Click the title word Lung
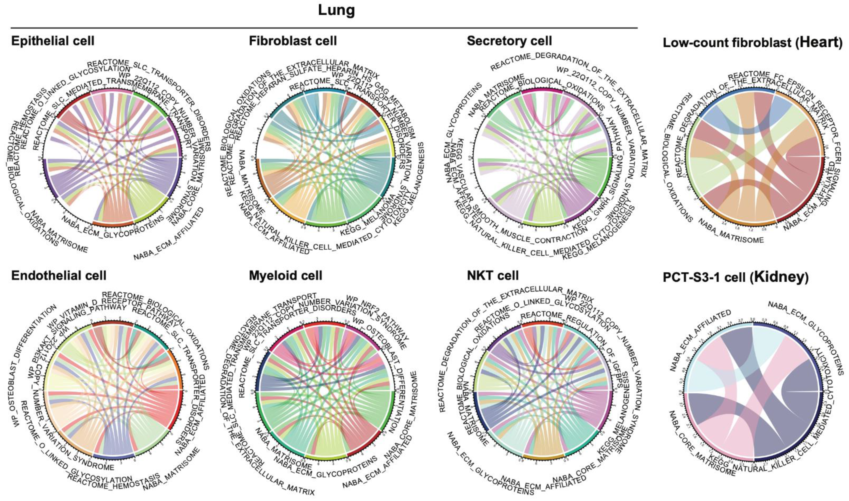pyautogui.click(x=336, y=10)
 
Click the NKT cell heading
pyautogui.click(x=493, y=276)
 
